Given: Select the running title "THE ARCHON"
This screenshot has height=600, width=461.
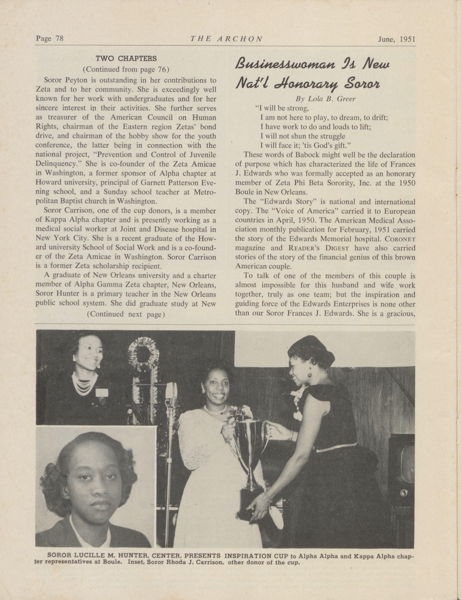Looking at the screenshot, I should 226,39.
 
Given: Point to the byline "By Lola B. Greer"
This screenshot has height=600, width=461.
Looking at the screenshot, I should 325,99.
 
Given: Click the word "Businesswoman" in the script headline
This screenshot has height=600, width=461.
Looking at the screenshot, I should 285,65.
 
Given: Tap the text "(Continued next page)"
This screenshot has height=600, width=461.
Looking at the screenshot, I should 126,314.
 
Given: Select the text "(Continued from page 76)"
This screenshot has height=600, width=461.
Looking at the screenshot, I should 126,69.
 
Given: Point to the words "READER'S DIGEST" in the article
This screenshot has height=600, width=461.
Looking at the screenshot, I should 318,248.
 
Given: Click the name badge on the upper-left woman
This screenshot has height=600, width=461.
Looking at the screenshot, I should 101,392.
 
